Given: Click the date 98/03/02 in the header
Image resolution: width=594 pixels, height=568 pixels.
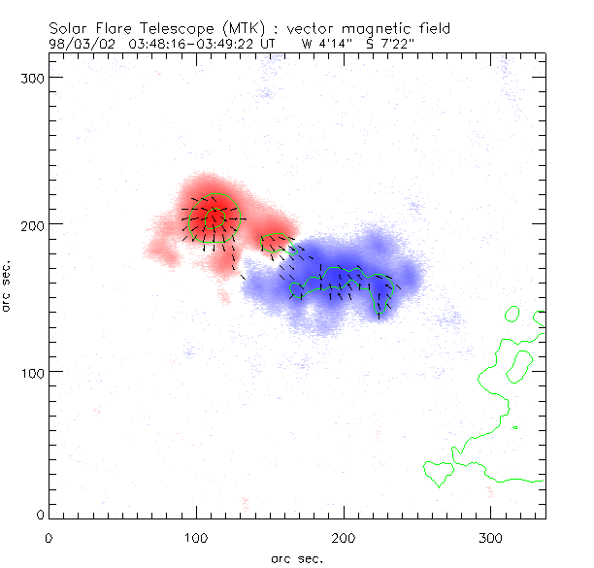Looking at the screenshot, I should point(80,43).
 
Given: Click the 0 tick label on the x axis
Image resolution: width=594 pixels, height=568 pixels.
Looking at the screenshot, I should point(49,536).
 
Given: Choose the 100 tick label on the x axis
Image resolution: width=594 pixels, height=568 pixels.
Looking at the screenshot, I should point(196,536).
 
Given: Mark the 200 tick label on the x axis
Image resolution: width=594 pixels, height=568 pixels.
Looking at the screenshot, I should point(344,536).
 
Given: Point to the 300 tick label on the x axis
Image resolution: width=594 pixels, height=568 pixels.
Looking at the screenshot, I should point(491,536).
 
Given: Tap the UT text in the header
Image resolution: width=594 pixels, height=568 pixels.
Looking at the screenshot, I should point(276,43).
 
